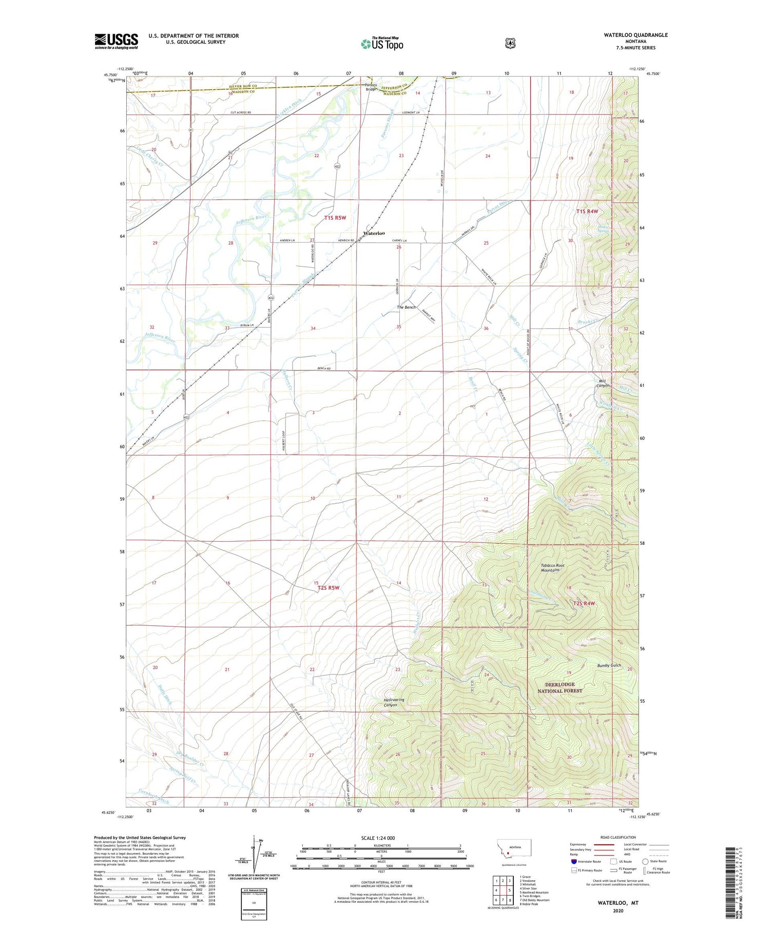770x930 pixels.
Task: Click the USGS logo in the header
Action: (116, 41)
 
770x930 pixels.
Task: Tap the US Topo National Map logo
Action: (382, 43)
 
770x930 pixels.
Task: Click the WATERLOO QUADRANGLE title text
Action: (636, 35)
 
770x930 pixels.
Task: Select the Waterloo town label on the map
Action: (374, 233)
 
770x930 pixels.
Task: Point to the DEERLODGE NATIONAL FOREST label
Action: (560, 687)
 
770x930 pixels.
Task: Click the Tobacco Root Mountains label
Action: (552, 568)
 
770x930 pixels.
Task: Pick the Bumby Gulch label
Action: (609, 665)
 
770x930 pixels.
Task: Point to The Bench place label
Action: (406, 307)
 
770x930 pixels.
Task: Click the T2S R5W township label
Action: (329, 588)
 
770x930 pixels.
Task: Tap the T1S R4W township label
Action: (587, 211)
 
